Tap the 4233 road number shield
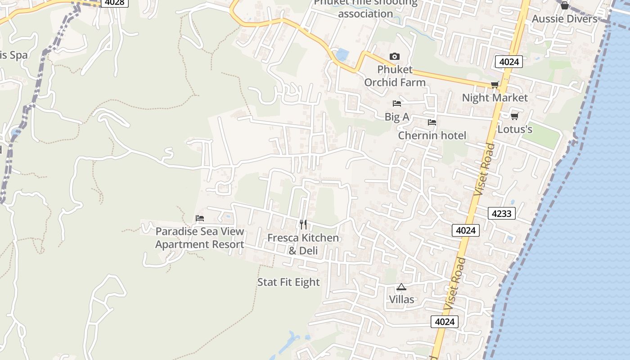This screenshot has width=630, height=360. coord(501,213)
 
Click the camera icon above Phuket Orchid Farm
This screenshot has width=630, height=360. coord(394,56)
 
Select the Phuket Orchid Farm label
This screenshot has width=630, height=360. coord(395,76)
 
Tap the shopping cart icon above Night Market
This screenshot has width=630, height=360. coord(495,85)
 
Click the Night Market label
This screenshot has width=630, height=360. coord(495,98)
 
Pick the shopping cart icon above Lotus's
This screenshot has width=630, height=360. coord(514,116)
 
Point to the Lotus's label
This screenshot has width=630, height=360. coord(515,130)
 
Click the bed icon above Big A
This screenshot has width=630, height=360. coord(396,103)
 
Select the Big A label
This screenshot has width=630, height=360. coord(396,117)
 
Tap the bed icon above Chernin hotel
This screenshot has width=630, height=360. coord(432,122)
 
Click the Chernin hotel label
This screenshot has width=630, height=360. coord(432,135)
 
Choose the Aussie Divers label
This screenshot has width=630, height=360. coord(564,19)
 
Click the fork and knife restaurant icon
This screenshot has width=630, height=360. coord(303,224)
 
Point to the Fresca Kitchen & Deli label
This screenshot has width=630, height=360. coord(303,244)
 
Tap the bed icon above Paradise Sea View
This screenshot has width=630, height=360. coord(200,218)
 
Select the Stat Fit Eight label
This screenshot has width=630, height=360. coord(288,282)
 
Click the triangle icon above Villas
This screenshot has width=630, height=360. coord(401,287)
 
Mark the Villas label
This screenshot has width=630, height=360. coord(401,299)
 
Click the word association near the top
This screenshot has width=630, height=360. coord(365,13)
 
